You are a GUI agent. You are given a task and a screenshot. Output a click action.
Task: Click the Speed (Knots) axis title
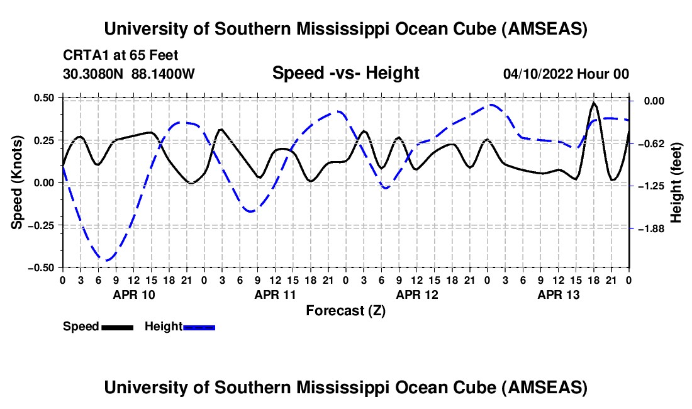point(18,182)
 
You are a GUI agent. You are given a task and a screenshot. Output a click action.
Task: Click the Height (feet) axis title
point(676,182)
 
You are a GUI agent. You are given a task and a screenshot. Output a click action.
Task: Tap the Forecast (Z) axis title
point(345,310)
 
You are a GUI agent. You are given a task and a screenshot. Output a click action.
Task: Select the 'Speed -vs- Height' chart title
point(345,74)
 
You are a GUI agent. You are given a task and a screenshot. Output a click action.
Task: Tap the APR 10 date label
point(133,294)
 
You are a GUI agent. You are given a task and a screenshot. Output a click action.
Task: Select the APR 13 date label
point(558,294)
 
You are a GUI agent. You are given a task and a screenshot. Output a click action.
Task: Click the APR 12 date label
point(416,294)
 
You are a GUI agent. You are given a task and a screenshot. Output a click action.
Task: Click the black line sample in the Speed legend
point(117,327)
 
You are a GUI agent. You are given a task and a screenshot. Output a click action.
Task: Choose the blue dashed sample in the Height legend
point(199,327)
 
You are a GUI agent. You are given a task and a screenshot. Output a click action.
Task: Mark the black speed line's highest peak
point(594,103)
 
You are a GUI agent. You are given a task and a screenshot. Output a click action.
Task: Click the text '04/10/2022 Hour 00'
point(566,74)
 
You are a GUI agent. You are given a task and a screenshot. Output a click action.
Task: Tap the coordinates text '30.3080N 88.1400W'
point(129,74)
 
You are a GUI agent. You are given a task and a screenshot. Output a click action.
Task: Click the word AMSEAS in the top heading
point(545,29)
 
